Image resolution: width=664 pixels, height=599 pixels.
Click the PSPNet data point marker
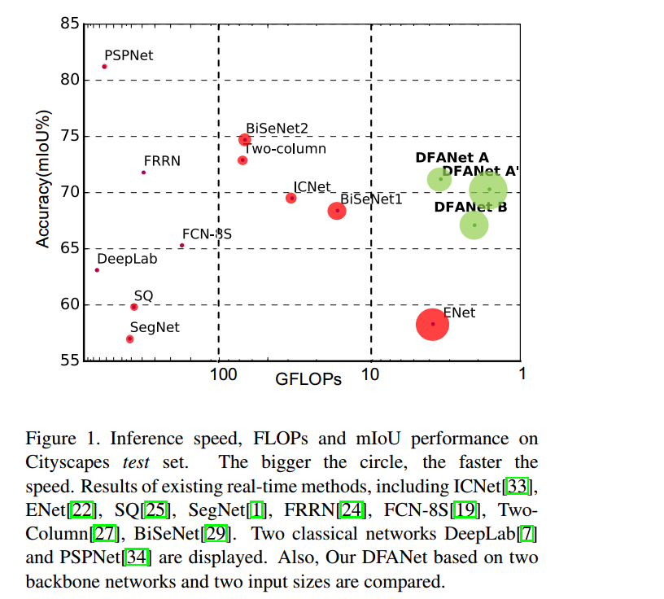coord(104,67)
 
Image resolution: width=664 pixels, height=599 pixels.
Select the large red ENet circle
coord(433,324)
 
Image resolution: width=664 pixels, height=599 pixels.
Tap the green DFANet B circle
coord(474,225)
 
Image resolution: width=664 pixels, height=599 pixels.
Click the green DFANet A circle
coord(439,179)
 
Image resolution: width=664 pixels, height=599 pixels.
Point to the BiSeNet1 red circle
coord(337,211)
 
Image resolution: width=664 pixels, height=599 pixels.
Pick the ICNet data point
coord(291,199)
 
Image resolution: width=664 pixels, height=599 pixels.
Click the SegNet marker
coord(129,339)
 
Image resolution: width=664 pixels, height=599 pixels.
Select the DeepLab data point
coord(97,270)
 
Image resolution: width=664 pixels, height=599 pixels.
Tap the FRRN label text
coord(162,161)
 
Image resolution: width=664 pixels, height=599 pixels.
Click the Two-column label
coord(286,149)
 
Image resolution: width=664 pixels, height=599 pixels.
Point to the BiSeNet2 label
coord(277,128)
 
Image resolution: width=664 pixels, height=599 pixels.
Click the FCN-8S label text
coord(207,234)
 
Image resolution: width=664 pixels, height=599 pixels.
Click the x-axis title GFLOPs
coord(308,379)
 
